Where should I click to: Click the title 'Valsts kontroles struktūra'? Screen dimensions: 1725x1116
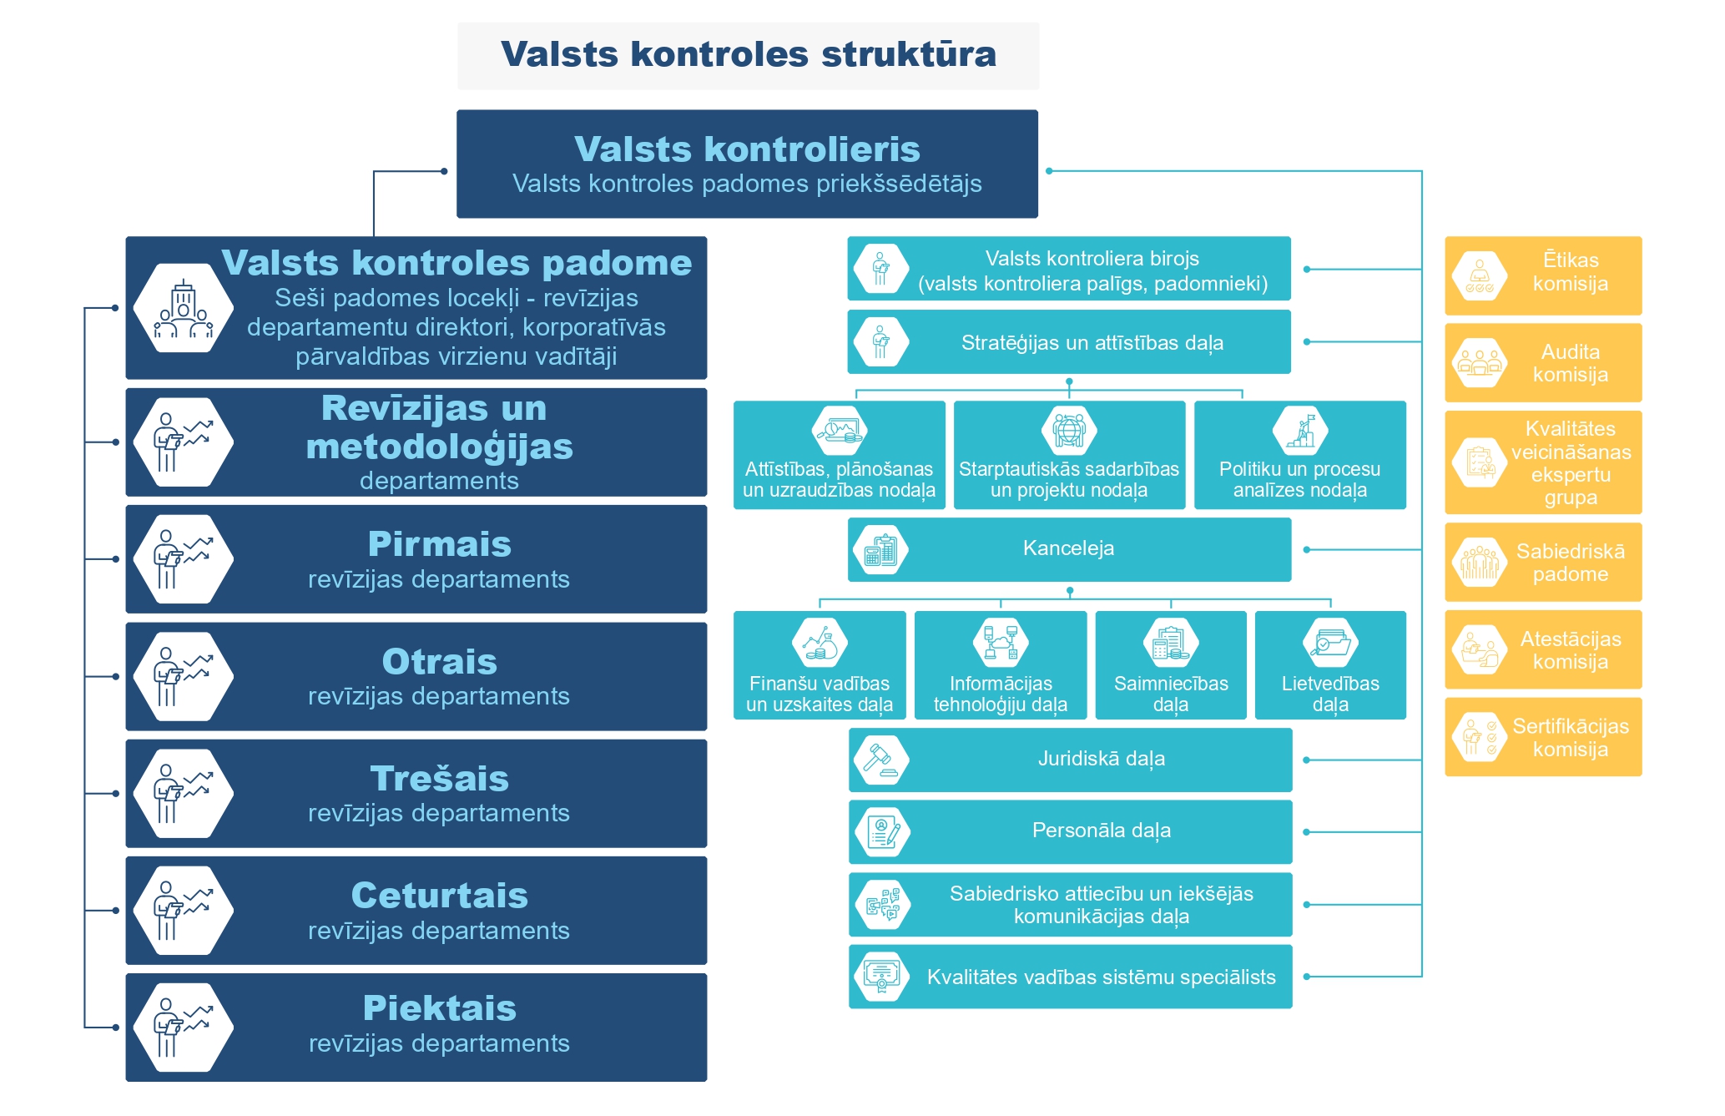click(749, 54)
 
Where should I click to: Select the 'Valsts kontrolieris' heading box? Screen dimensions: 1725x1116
click(747, 164)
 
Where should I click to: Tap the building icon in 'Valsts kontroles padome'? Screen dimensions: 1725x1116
click(184, 309)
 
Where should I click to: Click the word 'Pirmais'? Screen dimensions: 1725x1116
click(440, 544)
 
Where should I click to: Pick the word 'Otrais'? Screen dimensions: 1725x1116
click(440, 662)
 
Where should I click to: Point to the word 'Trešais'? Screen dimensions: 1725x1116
click(440, 779)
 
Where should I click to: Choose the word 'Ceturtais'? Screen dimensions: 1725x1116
click(440, 896)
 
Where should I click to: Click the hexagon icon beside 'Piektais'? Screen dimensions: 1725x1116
click(184, 1028)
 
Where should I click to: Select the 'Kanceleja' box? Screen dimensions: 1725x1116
click(1069, 549)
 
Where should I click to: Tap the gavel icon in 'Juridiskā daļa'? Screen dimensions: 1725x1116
click(882, 760)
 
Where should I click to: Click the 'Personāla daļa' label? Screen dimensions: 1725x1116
click(1102, 831)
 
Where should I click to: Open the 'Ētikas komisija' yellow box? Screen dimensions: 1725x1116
click(1543, 275)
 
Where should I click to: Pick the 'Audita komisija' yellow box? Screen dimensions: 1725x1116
click(1543, 363)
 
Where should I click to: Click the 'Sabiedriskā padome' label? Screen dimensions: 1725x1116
click(1571, 563)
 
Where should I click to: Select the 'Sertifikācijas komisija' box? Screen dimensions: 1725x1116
click(1543, 737)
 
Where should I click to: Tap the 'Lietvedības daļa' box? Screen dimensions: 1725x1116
click(1330, 665)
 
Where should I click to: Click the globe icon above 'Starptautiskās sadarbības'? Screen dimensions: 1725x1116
click(1069, 431)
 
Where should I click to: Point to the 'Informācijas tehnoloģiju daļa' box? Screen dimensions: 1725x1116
click(1001, 665)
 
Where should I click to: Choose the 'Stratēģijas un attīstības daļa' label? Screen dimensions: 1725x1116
click(1092, 343)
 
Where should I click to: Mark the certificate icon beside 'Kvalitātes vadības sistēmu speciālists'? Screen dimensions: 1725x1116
click(882, 977)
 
